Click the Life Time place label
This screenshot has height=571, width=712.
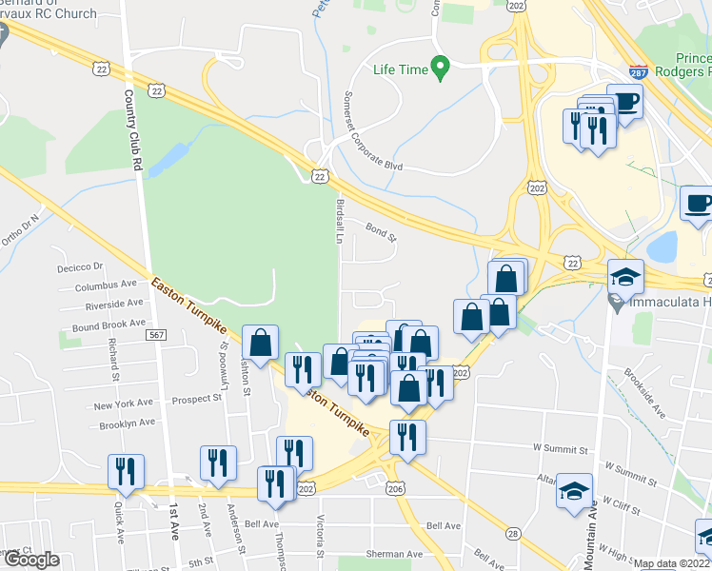point(398,69)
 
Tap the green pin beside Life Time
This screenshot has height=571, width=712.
point(439,68)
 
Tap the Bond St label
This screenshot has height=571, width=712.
point(379,228)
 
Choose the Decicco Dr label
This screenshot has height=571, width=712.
point(78,266)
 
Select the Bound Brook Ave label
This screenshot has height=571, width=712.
point(108,325)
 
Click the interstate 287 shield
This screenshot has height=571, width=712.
point(640,71)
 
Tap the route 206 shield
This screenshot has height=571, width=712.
point(396,488)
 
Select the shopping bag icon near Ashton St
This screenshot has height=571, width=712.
point(260,343)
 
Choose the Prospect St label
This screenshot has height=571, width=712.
point(197,398)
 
